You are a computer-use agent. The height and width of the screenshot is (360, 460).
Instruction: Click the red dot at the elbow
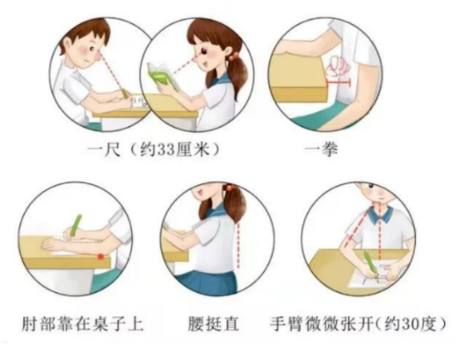click(x=100, y=256)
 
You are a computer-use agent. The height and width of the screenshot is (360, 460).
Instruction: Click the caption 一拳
click(x=321, y=149)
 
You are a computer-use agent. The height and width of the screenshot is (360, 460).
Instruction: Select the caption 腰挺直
click(x=213, y=324)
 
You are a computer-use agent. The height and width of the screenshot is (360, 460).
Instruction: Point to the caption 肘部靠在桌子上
click(x=83, y=324)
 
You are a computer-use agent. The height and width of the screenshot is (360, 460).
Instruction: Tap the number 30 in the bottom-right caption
click(x=414, y=324)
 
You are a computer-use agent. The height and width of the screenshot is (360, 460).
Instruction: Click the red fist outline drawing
click(x=339, y=65)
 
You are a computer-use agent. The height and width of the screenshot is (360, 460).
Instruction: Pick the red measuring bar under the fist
click(x=339, y=83)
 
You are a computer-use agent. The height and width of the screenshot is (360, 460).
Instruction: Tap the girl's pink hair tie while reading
click(x=234, y=56)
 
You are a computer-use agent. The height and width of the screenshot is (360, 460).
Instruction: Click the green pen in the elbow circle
click(x=75, y=225)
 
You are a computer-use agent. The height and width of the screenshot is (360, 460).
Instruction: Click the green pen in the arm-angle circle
click(x=370, y=261)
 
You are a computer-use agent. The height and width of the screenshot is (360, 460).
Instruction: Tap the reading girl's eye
click(x=203, y=52)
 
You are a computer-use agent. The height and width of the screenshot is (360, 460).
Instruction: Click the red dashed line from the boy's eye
click(x=112, y=73)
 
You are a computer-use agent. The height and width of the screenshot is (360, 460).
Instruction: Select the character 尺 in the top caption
click(x=113, y=150)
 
